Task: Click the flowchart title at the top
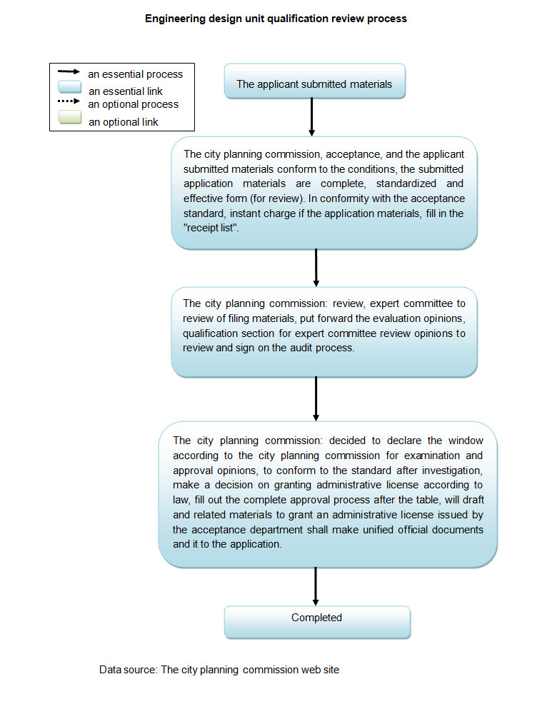click(x=276, y=19)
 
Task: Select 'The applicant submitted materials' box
click(x=314, y=84)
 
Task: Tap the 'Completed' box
click(x=317, y=618)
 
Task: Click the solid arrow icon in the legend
click(x=69, y=73)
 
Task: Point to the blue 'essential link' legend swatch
click(x=69, y=89)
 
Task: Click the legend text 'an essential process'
click(x=136, y=74)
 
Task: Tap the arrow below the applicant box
click(x=312, y=116)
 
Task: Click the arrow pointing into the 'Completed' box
click(x=316, y=586)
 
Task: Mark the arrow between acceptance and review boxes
click(x=316, y=268)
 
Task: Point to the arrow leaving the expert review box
click(x=316, y=398)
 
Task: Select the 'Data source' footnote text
click(x=219, y=670)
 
